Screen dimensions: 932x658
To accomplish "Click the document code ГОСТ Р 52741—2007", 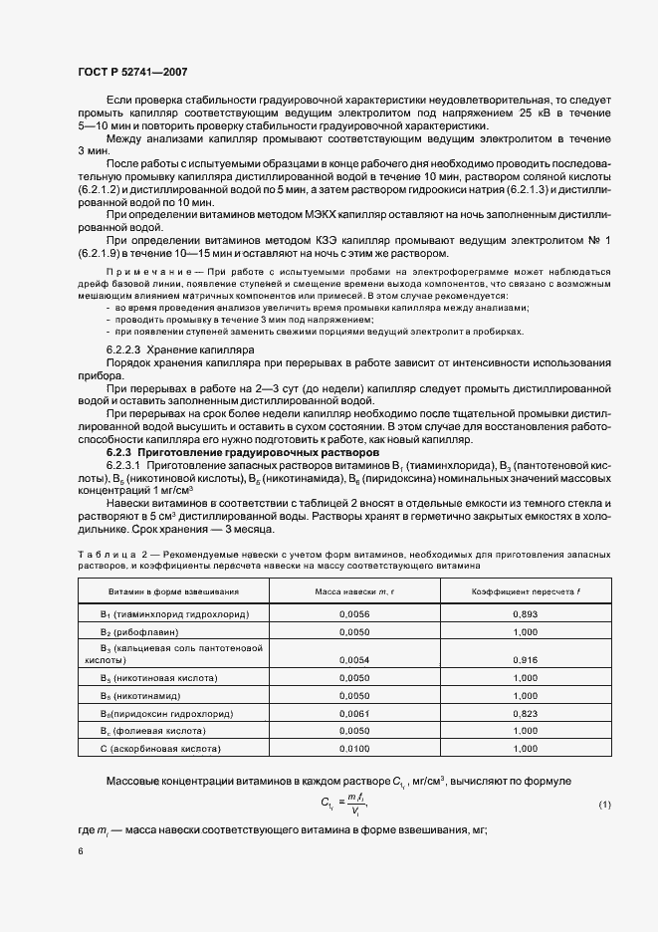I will tap(131, 72).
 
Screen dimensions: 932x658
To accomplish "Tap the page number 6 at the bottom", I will tap(80, 851).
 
